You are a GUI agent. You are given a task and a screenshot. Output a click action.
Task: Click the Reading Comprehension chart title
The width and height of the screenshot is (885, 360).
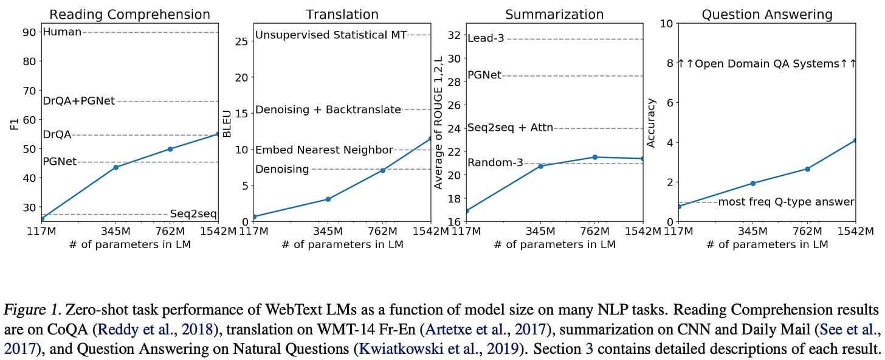coord(129,15)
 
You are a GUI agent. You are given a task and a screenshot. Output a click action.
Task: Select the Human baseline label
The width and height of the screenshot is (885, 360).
coord(63,32)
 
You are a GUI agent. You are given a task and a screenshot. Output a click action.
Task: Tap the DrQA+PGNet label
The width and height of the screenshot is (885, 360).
coord(79,101)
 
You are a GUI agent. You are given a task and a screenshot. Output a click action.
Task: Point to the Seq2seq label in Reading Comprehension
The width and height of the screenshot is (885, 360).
coord(193,214)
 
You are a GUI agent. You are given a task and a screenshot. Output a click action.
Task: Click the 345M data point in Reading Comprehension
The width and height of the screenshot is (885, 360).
coord(115,167)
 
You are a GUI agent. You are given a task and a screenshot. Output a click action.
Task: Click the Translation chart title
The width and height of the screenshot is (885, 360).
coord(342,15)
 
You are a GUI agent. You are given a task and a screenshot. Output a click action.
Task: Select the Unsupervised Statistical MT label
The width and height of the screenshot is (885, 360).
coord(331,35)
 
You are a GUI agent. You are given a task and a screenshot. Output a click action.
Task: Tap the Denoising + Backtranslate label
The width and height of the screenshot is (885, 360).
coord(328,109)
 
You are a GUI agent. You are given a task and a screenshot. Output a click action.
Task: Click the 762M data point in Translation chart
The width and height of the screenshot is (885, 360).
coord(382,170)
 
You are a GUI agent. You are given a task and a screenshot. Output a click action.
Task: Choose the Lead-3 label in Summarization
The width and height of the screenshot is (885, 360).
coord(486,38)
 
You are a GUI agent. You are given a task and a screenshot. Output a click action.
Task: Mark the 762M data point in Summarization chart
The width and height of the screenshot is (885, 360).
coord(595,157)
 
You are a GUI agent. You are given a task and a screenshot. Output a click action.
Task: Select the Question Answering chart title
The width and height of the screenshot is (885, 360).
coord(767,15)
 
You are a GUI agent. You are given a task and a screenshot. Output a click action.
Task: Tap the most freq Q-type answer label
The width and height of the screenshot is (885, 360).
coord(787,201)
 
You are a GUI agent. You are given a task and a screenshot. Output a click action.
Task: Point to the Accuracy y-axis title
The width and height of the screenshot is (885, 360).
coord(651,123)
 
